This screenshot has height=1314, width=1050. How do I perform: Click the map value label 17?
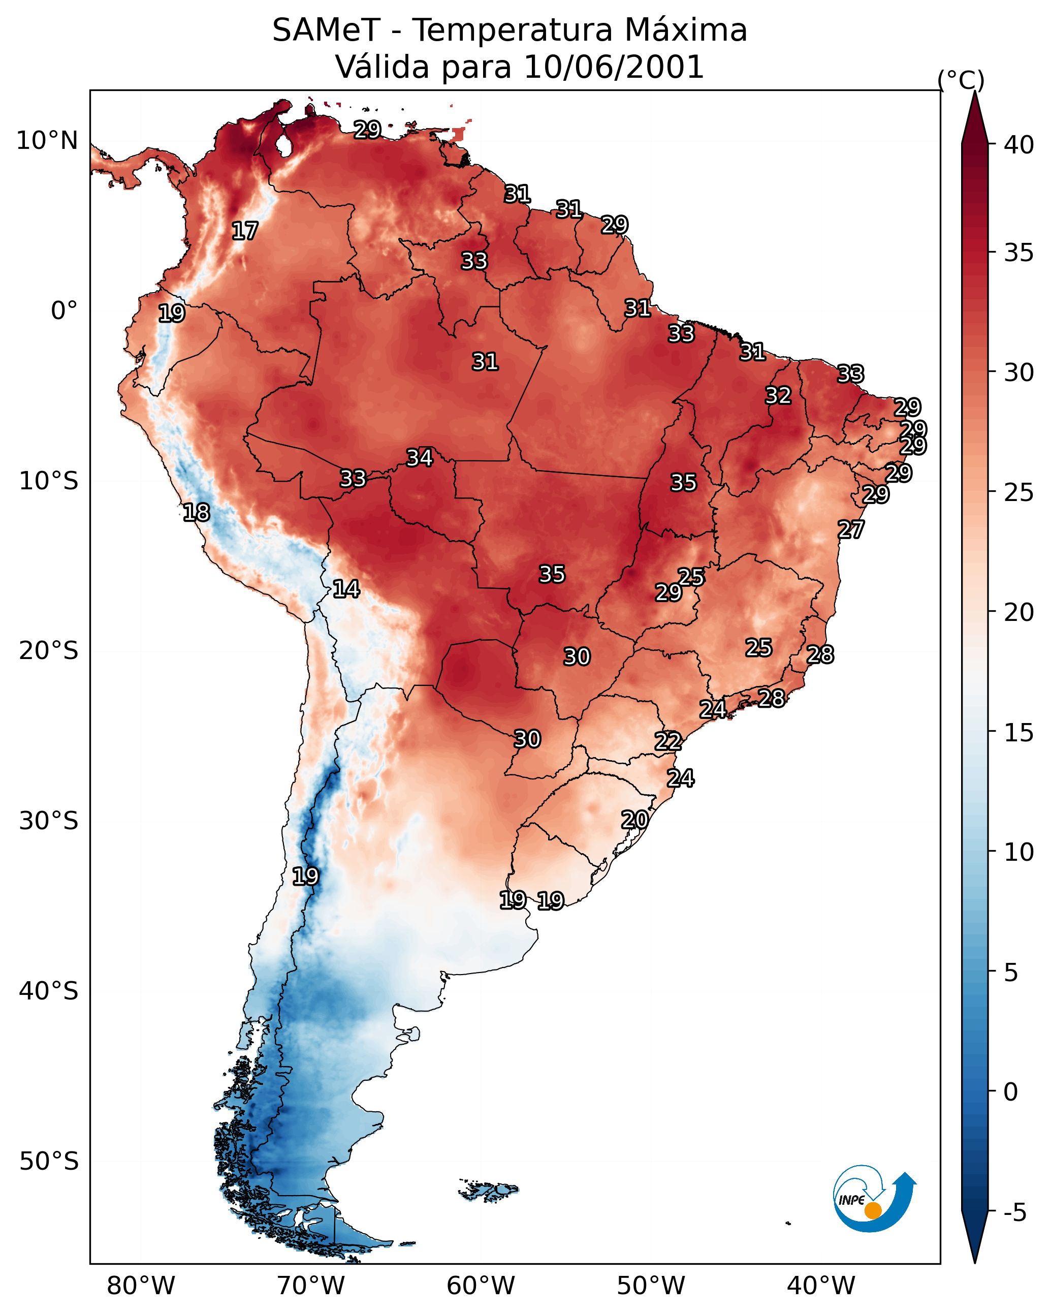[245, 231]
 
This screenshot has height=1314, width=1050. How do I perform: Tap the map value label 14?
[346, 589]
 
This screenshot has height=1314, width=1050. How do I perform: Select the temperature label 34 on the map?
[419, 458]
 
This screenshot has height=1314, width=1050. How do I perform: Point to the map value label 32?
[778, 395]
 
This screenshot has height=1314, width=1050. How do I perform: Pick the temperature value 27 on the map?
[851, 529]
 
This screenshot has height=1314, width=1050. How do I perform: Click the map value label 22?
[668, 741]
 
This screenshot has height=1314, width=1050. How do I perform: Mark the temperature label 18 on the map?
[196, 513]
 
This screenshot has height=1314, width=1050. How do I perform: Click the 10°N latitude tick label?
[47, 141]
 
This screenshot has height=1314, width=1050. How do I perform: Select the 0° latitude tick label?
[64, 311]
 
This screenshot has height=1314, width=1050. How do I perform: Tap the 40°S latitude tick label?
[48, 991]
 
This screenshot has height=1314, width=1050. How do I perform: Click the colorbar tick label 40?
[1019, 145]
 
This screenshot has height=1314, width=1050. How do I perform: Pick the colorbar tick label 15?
[1019, 733]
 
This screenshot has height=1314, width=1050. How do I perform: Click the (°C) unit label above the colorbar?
[961, 80]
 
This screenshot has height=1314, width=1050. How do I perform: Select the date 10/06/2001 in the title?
[614, 67]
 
